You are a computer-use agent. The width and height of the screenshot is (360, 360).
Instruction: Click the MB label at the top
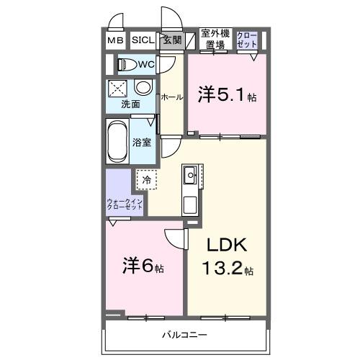115,41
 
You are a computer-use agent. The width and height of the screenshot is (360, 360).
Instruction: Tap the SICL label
141,41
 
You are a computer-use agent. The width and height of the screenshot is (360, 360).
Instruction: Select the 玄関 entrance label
171,40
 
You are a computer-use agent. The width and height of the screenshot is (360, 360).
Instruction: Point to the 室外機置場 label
215,39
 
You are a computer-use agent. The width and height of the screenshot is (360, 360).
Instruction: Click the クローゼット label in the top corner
246,39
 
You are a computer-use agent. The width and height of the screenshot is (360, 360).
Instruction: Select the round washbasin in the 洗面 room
143,89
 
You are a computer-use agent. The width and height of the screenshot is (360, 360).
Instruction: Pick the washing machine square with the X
118,89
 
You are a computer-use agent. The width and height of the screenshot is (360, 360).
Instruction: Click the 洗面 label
130,104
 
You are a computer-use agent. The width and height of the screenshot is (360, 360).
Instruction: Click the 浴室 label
142,142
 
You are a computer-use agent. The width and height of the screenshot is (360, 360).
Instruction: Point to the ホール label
171,96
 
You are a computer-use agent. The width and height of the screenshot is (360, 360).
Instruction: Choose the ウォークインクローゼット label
125,204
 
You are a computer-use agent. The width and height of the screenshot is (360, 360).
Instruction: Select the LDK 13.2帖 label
227,257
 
